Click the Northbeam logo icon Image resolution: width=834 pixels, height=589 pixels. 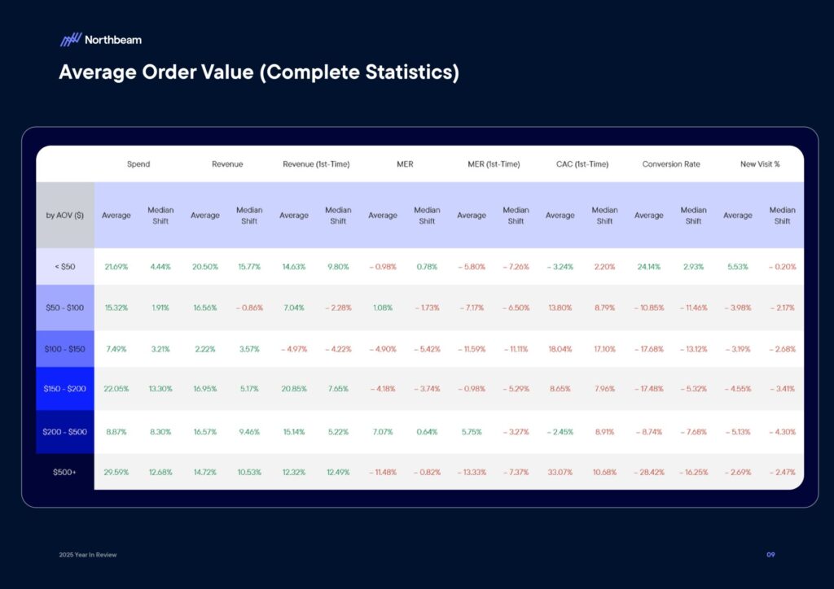70,39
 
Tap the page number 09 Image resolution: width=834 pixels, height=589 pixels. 770,555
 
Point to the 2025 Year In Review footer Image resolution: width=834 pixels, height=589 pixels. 88,555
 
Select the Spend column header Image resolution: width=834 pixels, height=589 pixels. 138,164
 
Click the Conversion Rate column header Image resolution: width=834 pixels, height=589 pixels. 671,164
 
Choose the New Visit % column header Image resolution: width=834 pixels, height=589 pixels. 760,164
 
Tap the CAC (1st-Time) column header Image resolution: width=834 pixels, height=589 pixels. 582,164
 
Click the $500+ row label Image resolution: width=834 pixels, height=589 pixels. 65,472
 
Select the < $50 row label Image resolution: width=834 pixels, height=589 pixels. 65,267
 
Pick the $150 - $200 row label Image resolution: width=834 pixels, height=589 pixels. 65,389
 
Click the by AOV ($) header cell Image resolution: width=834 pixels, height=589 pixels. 65,216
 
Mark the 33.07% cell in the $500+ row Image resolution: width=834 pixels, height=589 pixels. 560,472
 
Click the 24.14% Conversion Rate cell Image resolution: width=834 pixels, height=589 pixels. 648,267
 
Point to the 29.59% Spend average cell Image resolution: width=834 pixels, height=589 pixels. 116,472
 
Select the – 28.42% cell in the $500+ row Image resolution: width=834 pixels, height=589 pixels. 648,472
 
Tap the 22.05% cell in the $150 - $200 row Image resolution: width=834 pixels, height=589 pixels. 116,389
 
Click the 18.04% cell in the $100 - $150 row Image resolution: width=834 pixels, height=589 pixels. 560,349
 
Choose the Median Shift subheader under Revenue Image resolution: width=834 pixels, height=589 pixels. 249,216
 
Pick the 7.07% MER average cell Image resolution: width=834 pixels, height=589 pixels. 382,431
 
